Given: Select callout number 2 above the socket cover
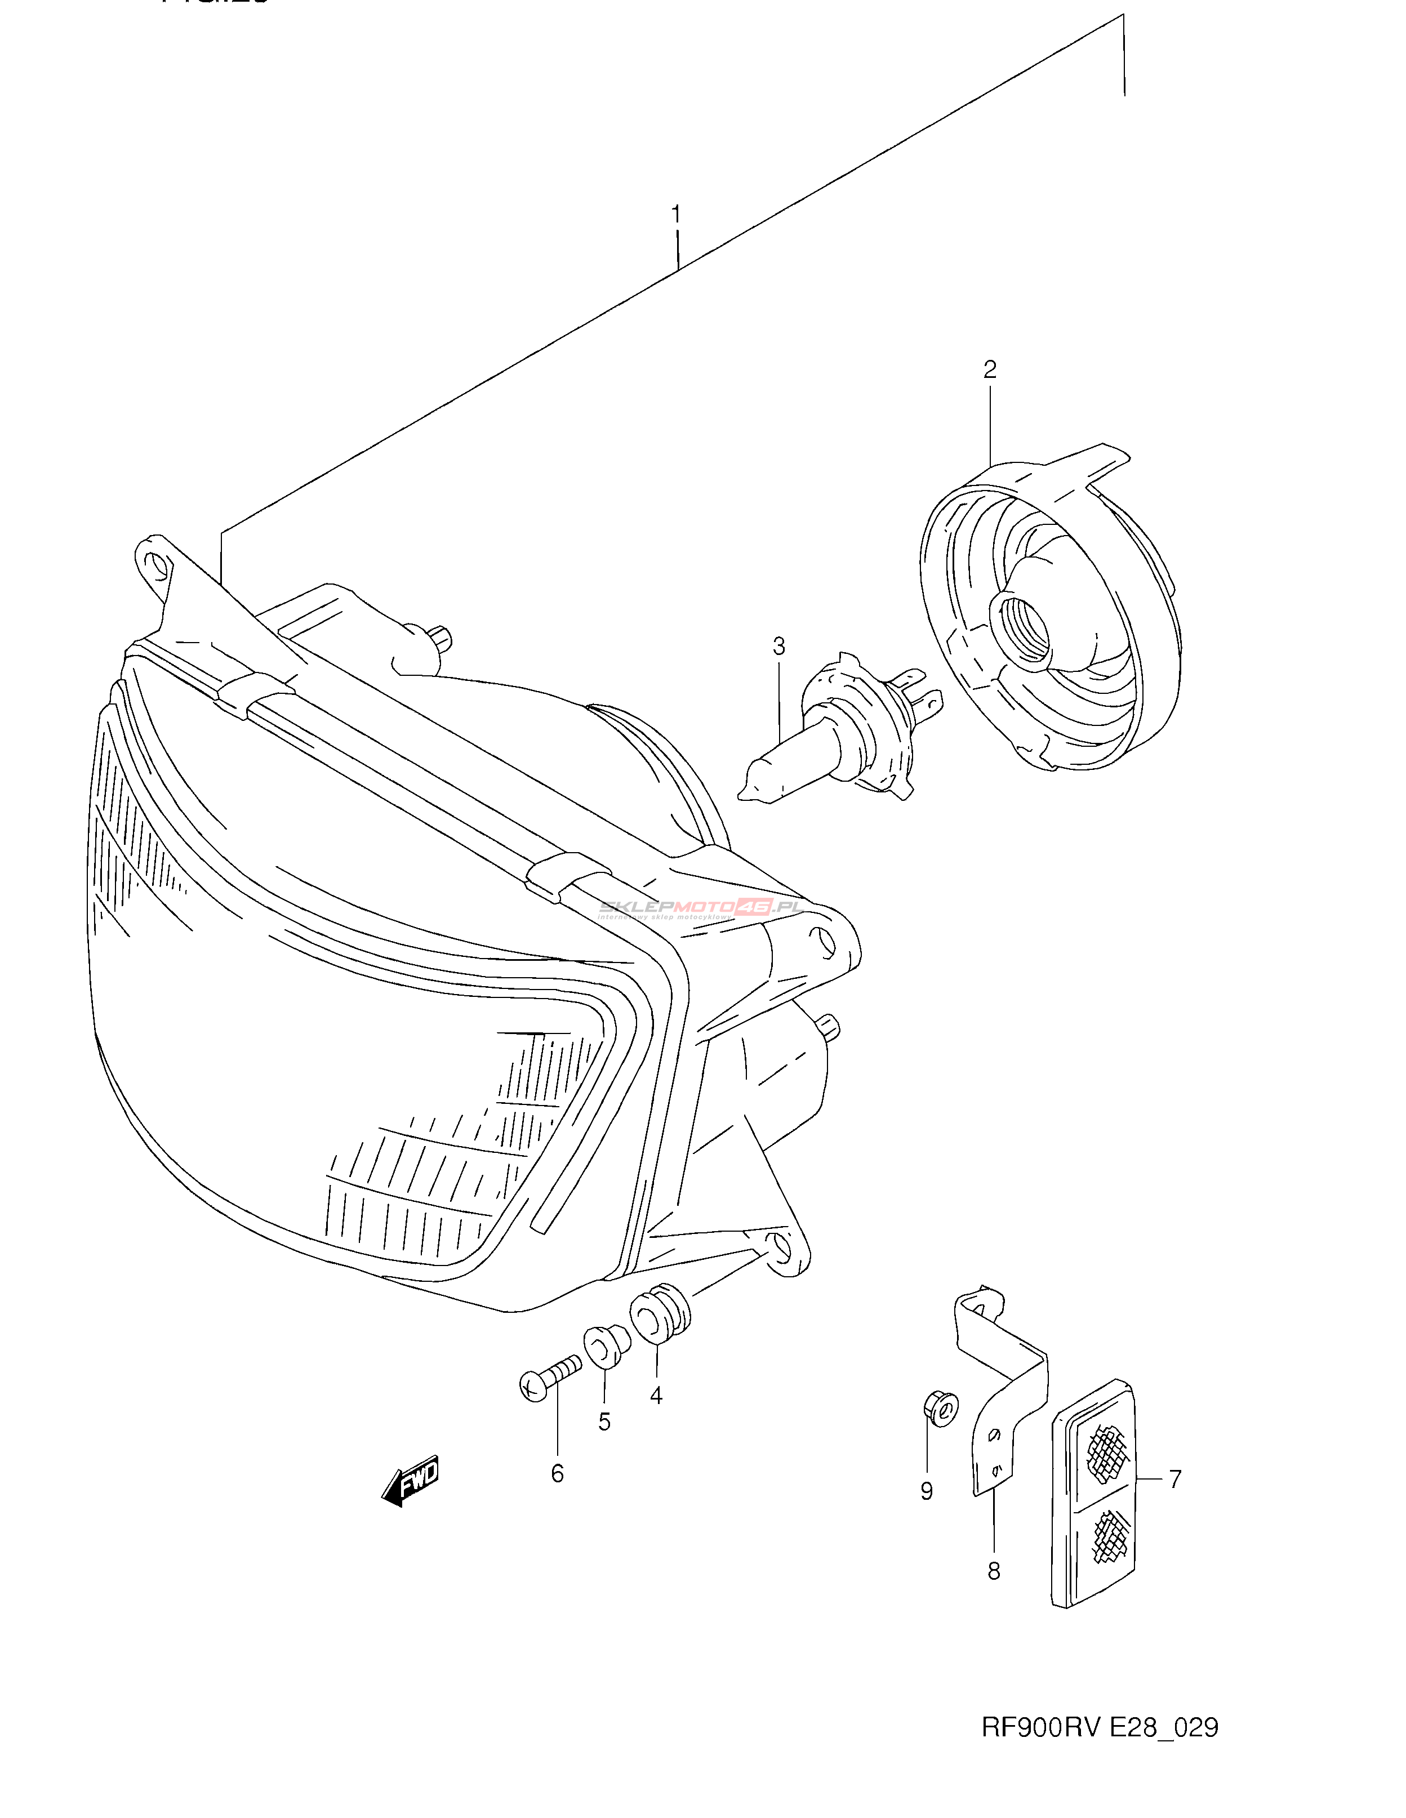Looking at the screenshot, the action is click(989, 369).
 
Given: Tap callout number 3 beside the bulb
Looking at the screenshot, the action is click(778, 646).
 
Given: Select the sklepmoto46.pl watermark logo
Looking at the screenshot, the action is click(699, 909).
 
